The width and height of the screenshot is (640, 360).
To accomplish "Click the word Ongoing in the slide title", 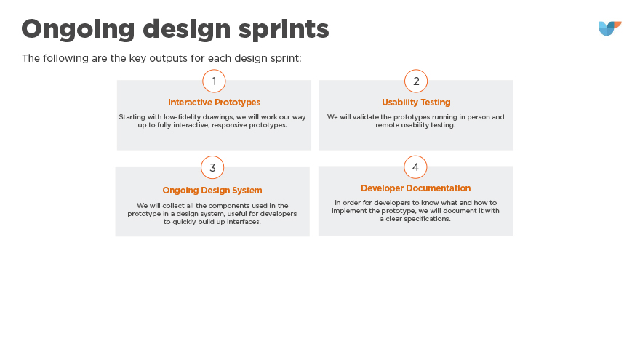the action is tap(78, 30).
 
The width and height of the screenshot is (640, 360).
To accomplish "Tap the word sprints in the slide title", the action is tap(284, 29).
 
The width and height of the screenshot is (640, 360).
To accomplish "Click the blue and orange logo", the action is tap(610, 28).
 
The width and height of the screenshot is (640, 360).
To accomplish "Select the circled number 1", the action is tap(214, 81).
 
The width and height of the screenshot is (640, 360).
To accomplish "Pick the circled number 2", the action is tap(416, 81).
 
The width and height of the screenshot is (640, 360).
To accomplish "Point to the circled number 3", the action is tap(212, 167).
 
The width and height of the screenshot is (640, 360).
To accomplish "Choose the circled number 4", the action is tap(415, 167).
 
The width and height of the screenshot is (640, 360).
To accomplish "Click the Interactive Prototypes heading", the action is tap(215, 103).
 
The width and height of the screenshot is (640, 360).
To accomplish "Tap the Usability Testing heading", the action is tap(416, 103).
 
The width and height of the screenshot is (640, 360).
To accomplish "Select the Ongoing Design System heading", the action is tap(212, 191).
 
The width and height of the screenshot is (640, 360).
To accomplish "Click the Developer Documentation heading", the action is tap(415, 188).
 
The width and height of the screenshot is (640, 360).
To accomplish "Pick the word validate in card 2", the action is tap(365, 117).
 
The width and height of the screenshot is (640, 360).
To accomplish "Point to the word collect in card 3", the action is tap(174, 206).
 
